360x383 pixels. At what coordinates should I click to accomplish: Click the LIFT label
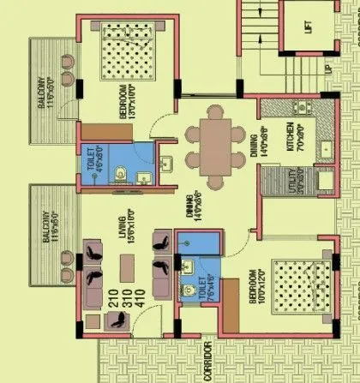[308, 26]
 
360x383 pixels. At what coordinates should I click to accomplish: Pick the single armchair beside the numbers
[117, 323]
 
